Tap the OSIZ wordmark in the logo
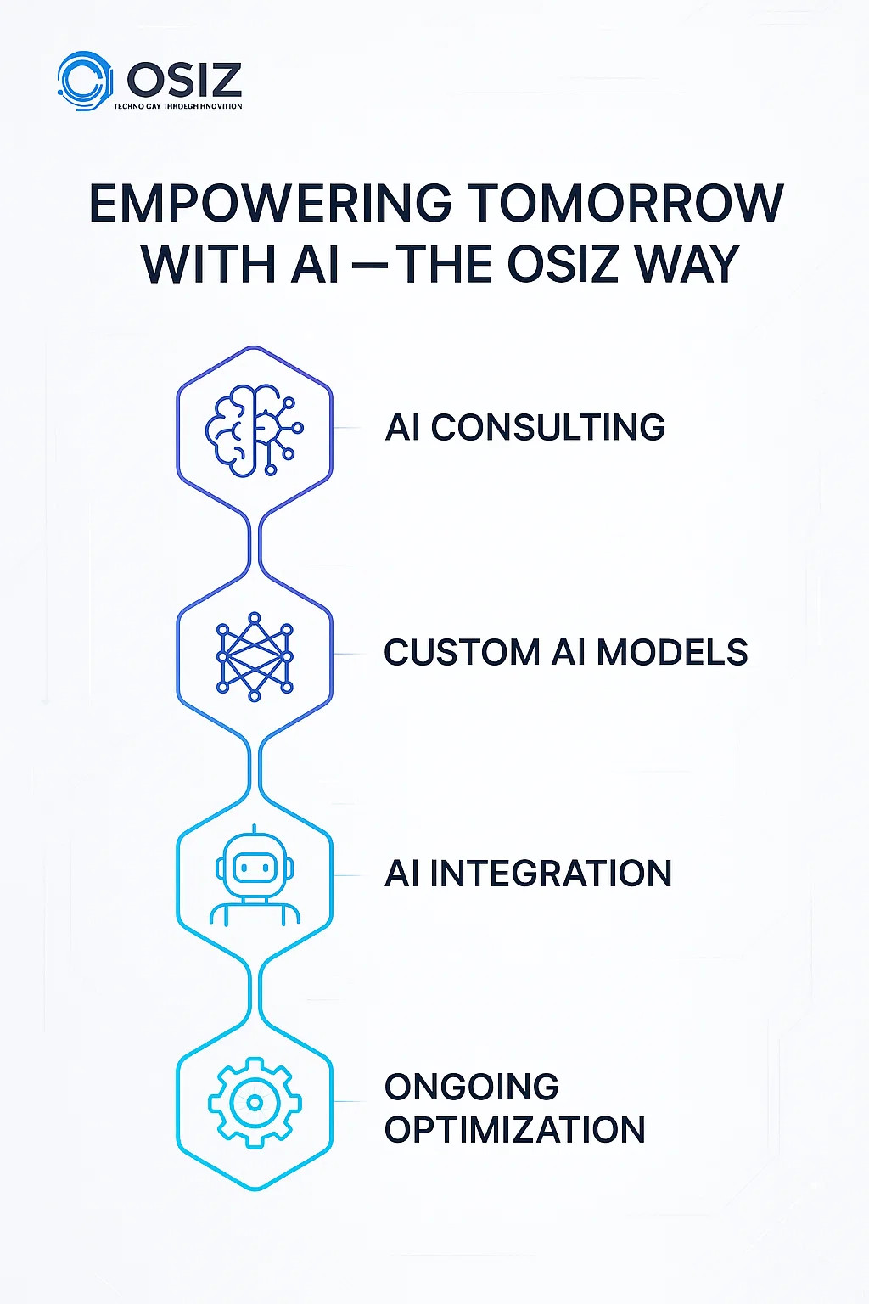click(x=184, y=81)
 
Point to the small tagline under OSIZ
click(x=177, y=106)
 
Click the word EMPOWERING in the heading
click(x=271, y=205)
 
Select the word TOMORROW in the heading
click(x=625, y=205)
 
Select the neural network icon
click(x=255, y=656)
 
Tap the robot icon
click(x=255, y=876)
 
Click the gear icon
click(x=255, y=1103)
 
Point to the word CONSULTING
click(x=547, y=428)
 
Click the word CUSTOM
click(x=462, y=653)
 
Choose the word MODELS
click(x=672, y=653)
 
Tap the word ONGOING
click(x=471, y=1088)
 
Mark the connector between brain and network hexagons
click(x=255, y=542)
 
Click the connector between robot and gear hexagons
click(x=255, y=990)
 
